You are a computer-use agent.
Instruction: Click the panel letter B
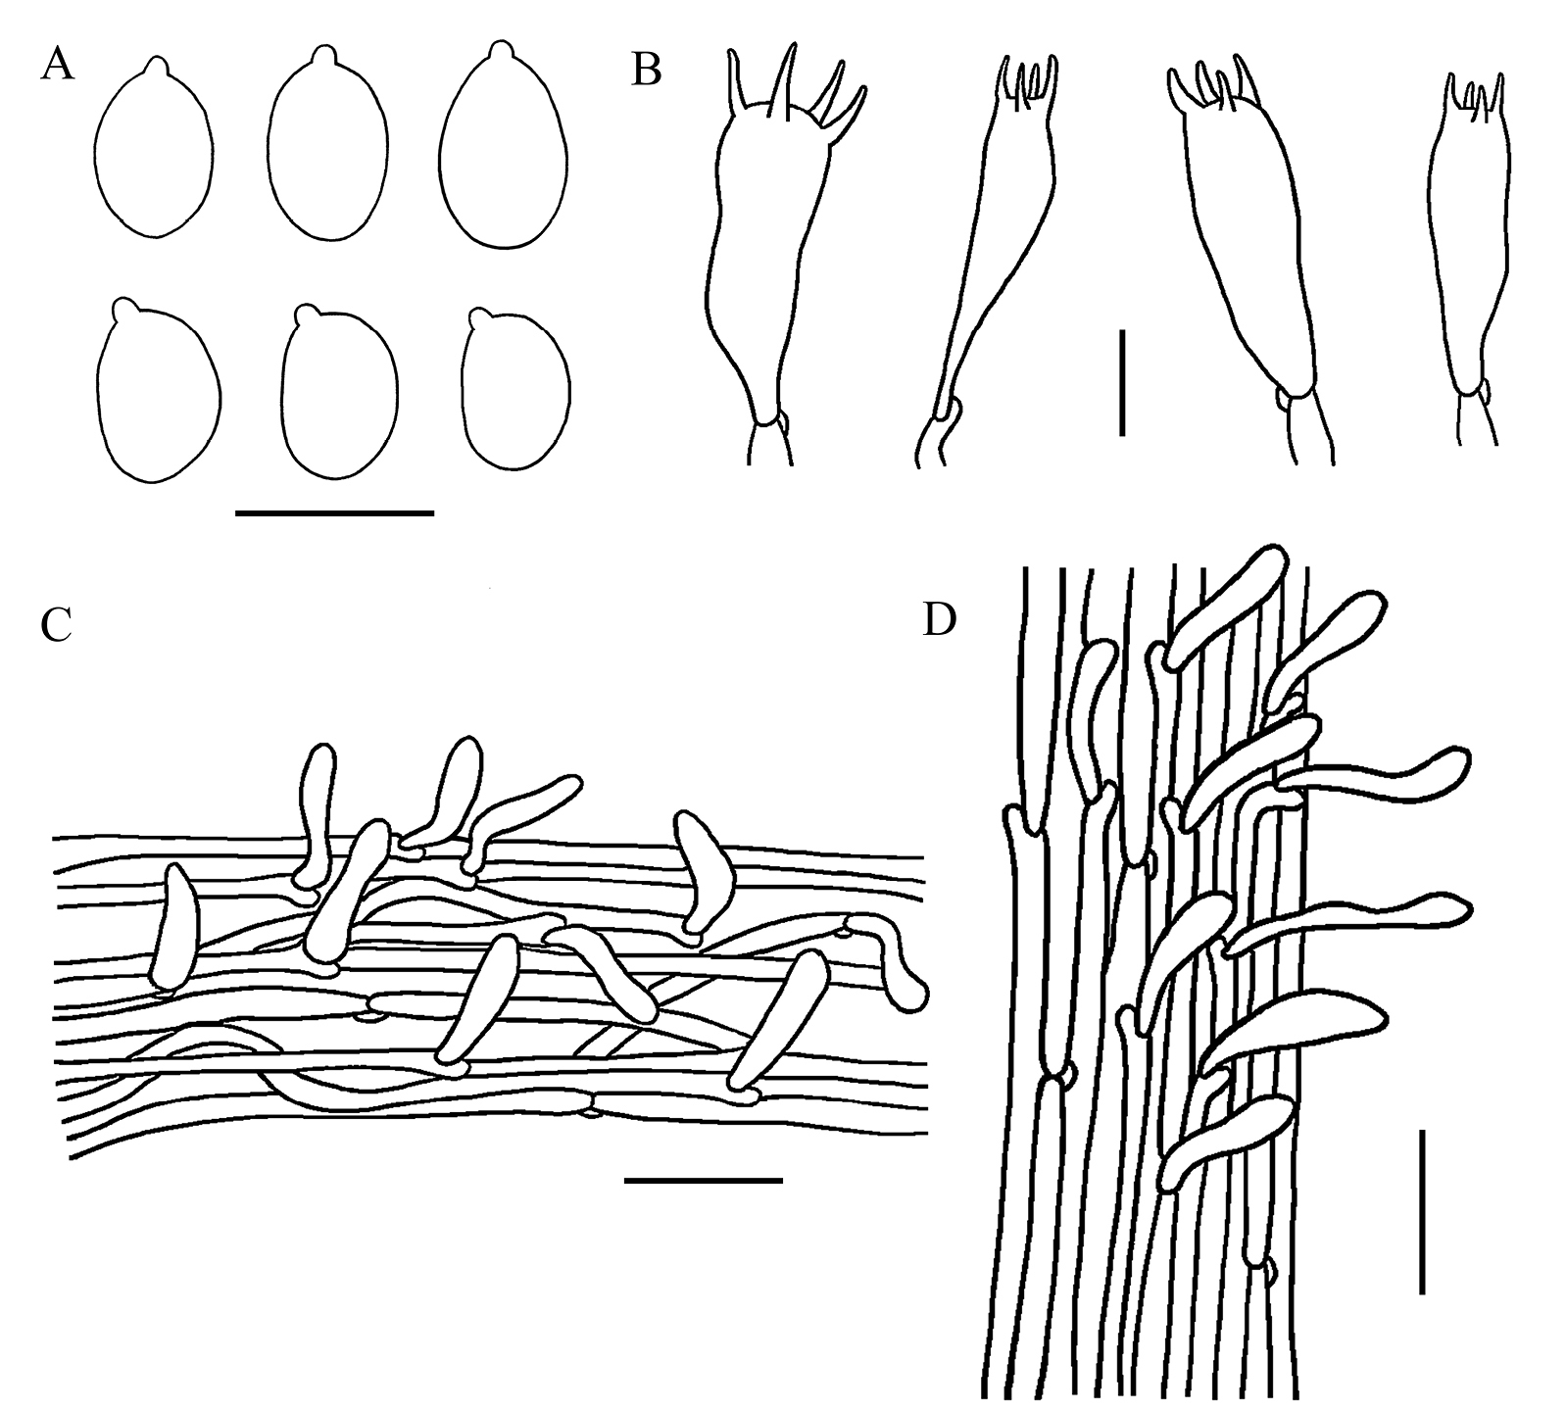pos(646,71)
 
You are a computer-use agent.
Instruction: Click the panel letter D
pos(939,620)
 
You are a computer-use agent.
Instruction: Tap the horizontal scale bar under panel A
pos(334,511)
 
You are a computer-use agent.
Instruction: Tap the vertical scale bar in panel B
pos(1121,382)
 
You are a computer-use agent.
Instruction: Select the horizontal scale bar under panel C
pos(703,1180)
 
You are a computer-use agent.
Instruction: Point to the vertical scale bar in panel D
pos(1421,1211)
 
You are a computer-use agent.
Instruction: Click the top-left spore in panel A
pos(154,152)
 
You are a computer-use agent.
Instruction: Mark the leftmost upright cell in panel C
pos(173,928)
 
